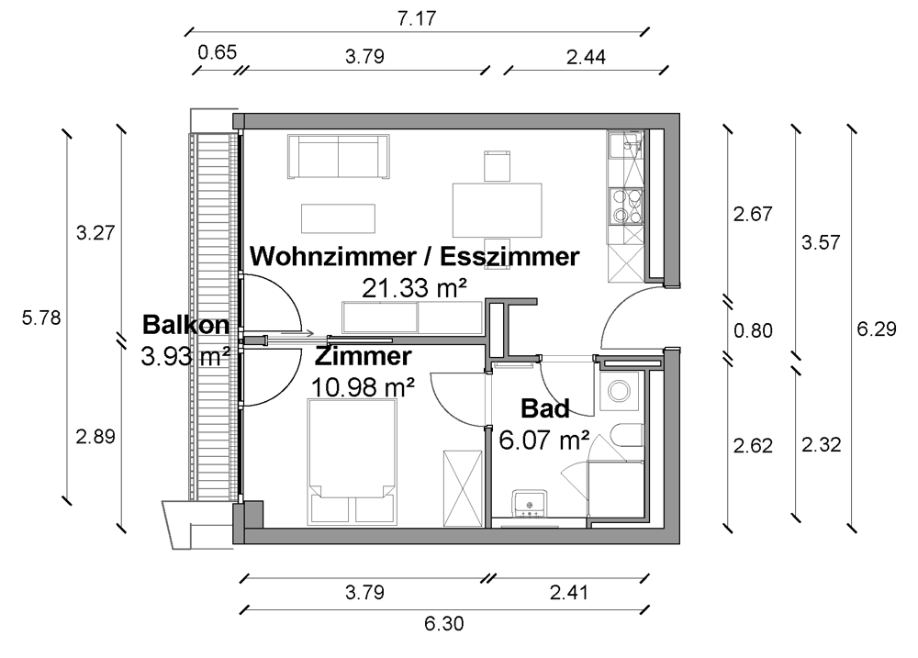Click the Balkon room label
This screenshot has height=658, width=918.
(185, 325)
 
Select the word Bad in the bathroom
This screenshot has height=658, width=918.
(545, 408)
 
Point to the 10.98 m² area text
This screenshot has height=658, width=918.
(362, 387)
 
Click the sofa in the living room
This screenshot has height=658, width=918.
(339, 156)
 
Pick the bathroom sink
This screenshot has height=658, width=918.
(531, 502)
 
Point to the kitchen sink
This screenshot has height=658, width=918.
(628, 147)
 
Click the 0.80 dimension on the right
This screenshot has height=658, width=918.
(753, 330)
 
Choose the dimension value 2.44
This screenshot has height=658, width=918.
(586, 57)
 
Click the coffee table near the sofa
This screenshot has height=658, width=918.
(339, 218)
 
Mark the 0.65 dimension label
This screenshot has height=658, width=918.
(217, 52)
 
